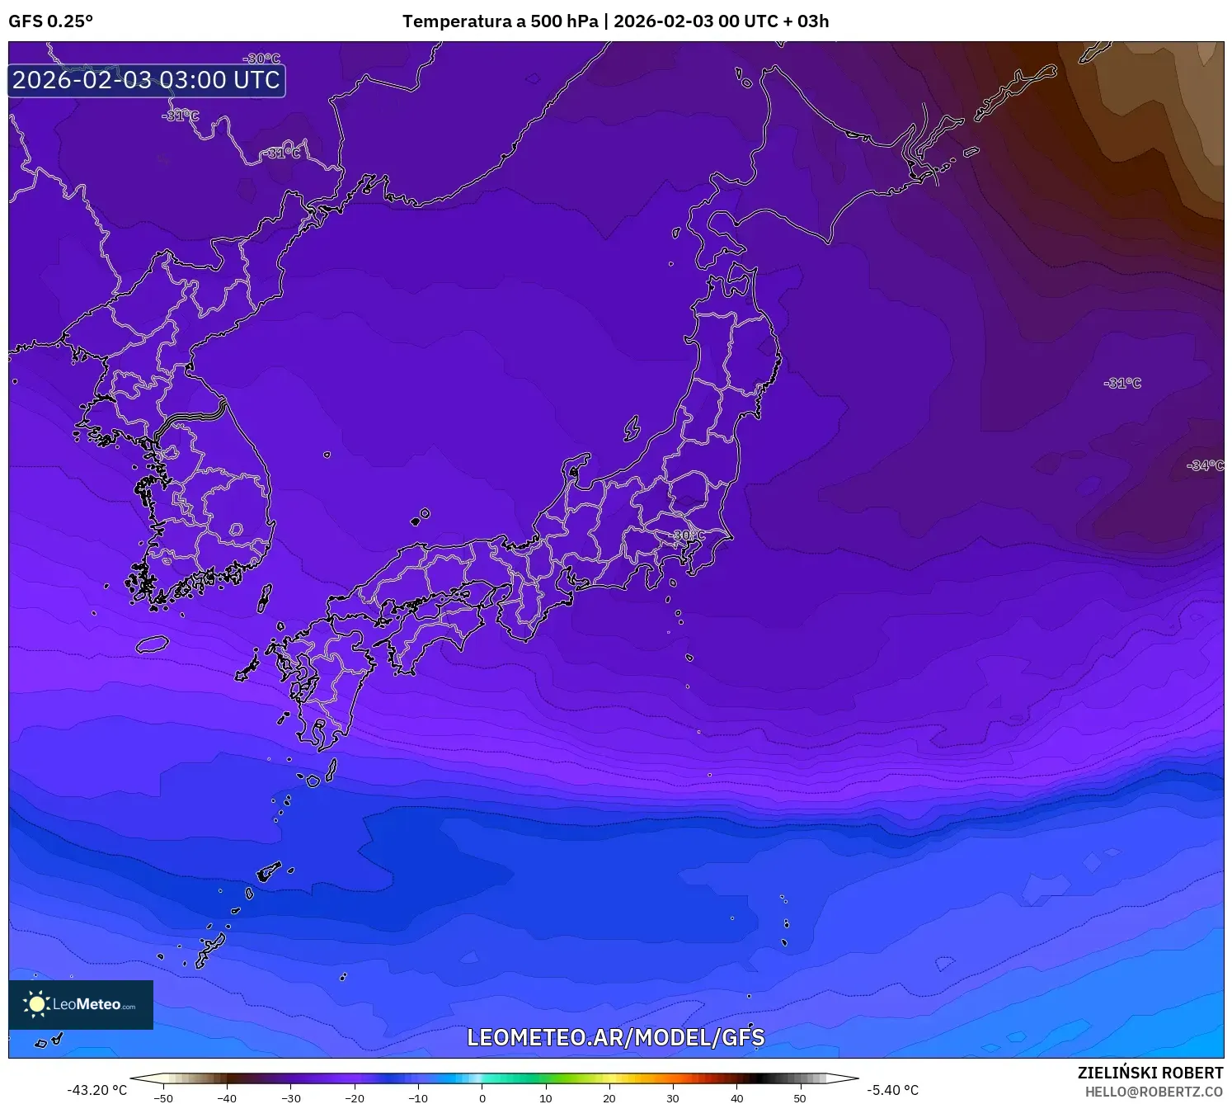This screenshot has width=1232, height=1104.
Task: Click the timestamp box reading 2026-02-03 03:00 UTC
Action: (147, 80)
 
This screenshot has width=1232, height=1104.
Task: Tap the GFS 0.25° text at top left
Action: (51, 21)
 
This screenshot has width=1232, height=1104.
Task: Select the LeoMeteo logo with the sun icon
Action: (81, 1004)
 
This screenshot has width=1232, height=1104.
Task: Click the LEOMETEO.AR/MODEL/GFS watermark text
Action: (615, 1037)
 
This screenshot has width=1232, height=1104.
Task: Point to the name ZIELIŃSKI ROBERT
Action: (1150, 1073)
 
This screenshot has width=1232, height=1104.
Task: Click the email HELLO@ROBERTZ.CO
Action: (1153, 1092)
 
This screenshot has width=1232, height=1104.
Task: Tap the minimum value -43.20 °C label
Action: (97, 1090)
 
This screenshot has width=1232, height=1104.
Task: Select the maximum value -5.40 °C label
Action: (892, 1090)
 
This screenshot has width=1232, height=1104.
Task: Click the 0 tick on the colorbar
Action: (482, 1098)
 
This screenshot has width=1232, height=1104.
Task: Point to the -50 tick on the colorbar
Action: (163, 1098)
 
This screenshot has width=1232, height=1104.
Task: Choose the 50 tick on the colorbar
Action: (800, 1098)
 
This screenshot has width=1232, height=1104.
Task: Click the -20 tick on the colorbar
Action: (355, 1098)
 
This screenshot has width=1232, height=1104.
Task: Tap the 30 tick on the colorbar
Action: (673, 1098)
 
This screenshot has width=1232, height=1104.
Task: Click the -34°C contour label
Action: (1205, 465)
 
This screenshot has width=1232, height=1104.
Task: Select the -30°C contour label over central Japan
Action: (689, 535)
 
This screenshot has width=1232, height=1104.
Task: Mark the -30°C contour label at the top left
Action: (261, 59)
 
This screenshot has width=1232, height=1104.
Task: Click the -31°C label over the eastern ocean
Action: (1122, 383)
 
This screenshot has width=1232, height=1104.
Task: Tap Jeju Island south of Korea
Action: (153, 644)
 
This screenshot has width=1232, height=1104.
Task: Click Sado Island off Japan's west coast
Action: (632, 428)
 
